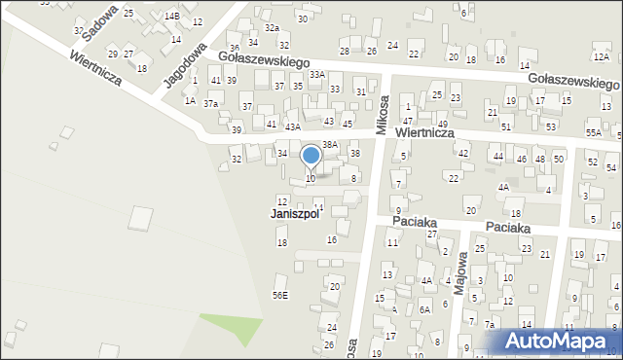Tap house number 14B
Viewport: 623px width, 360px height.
(171, 17)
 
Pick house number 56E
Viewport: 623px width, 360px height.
(280, 295)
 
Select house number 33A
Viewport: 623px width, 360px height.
(316, 74)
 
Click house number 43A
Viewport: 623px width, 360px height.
(292, 126)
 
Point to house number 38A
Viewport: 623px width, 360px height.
(330, 144)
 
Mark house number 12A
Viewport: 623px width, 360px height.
(602, 58)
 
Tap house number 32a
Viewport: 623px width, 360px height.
(272, 28)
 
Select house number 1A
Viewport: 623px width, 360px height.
(191, 100)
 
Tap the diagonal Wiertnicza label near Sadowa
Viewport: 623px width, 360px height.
(94, 68)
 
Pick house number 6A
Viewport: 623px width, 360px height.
(424, 309)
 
